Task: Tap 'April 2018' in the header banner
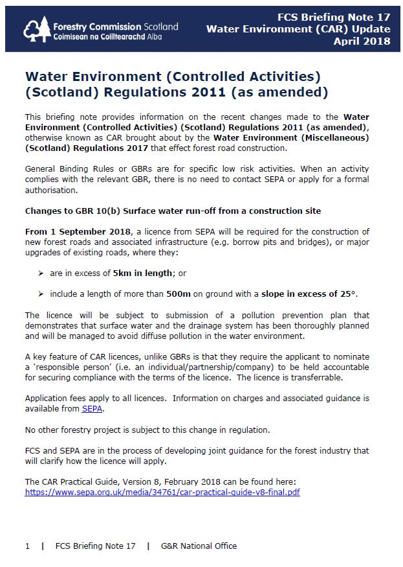coord(362,41)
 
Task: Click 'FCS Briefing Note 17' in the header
coord(333,17)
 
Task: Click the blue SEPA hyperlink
coord(92,409)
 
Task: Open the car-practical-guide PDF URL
coord(162,492)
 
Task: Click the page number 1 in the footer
coord(27,546)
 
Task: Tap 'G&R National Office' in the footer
coord(199,546)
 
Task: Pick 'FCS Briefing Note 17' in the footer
coord(95,546)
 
